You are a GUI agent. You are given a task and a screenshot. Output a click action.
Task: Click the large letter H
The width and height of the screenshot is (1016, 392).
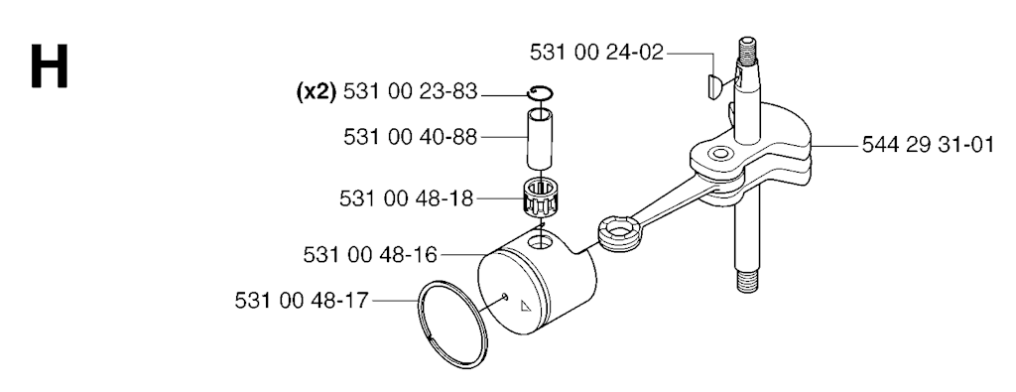(49, 66)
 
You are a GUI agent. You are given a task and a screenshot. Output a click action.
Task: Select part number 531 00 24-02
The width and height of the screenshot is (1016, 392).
(596, 53)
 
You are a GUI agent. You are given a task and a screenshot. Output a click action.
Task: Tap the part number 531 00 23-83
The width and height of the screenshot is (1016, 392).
(410, 92)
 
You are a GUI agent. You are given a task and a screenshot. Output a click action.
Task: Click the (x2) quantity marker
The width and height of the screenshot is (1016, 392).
(317, 92)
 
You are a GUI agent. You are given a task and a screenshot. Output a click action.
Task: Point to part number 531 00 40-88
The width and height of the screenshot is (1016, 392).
(410, 137)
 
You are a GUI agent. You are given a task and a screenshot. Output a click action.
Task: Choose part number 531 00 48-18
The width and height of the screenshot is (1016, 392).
(406, 198)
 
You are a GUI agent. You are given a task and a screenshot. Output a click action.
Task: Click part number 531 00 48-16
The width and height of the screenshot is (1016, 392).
(370, 255)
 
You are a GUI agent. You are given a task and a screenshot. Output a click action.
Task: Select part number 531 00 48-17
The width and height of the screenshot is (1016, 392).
(302, 301)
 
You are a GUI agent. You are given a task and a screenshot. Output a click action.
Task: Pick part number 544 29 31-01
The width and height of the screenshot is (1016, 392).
(928, 145)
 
